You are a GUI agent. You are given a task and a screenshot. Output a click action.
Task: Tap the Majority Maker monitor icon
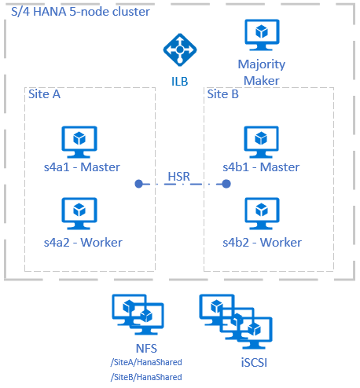point(262,36)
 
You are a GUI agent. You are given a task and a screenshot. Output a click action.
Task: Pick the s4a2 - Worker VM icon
point(79,213)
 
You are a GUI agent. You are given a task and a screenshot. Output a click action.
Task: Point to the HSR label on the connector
point(181,175)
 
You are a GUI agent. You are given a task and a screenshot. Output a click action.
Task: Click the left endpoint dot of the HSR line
point(138,184)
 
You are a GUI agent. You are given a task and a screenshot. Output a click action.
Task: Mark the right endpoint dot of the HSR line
point(226,184)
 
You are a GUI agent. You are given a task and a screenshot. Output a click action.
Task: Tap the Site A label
point(44,94)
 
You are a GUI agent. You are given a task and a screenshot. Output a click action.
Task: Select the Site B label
point(224,94)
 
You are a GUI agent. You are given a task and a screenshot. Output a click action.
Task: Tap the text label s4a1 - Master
point(79,167)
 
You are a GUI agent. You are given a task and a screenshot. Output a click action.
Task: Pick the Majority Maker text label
point(262,71)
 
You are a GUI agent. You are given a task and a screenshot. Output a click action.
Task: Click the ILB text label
point(179,80)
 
